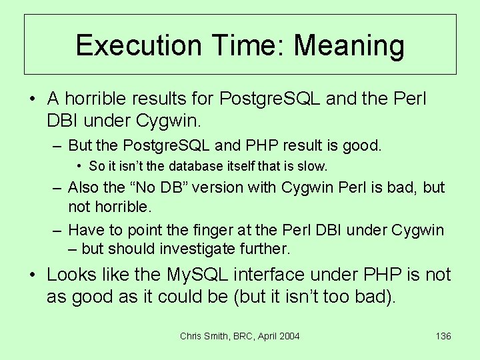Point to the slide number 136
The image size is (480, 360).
point(443,336)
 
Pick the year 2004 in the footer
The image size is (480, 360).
point(289,336)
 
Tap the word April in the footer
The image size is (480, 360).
point(263,336)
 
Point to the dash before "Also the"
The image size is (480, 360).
point(58,188)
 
